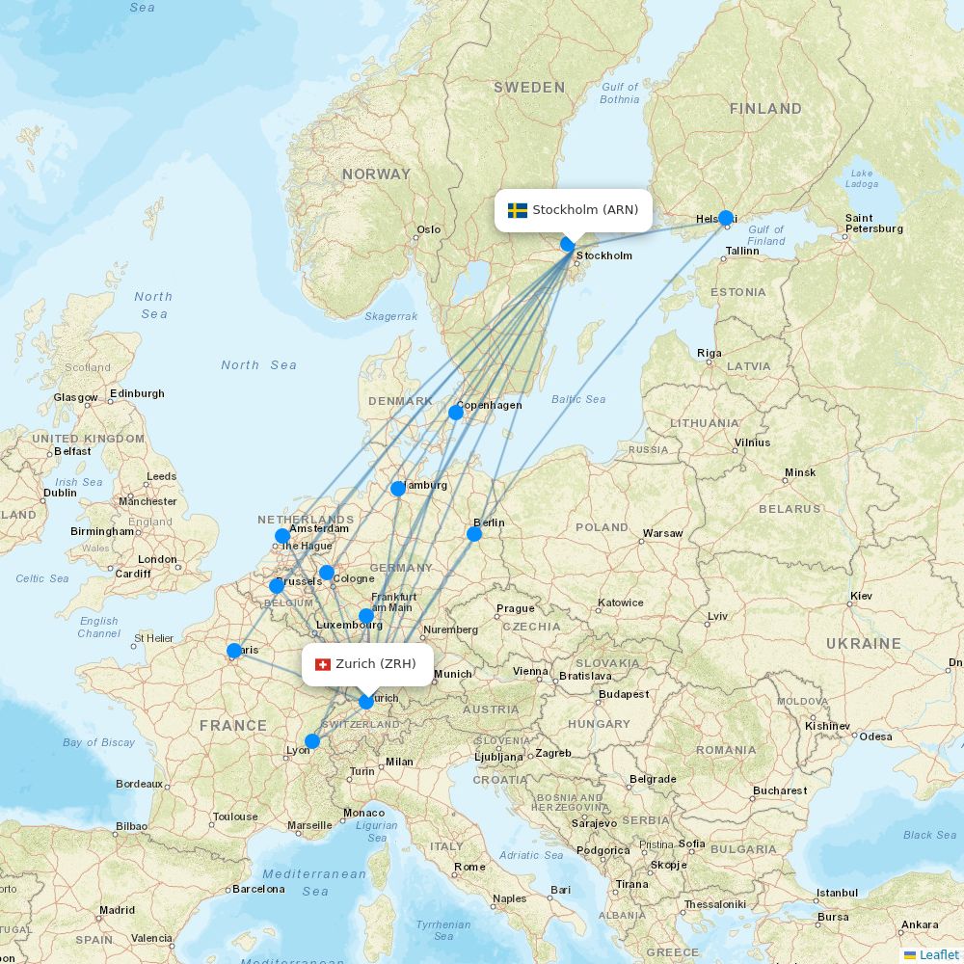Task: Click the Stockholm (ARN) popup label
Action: (x=574, y=210)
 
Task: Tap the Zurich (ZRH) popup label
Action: (x=367, y=664)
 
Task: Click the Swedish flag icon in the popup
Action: (x=518, y=210)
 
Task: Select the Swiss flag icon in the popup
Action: (x=323, y=664)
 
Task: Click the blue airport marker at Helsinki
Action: (x=726, y=218)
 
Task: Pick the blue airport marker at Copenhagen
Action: (x=456, y=413)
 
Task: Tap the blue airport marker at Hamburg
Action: (x=398, y=489)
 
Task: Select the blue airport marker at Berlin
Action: (x=474, y=534)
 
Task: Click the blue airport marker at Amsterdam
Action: (x=282, y=536)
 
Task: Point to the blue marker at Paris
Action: (x=234, y=651)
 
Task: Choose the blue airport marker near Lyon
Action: (x=312, y=741)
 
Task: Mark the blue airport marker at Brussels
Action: (x=277, y=585)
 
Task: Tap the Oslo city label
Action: (x=428, y=229)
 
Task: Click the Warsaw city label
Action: (x=662, y=533)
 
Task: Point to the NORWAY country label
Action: (x=376, y=174)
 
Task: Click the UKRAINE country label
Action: (x=863, y=643)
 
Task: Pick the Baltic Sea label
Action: (x=578, y=399)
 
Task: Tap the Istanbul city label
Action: (x=837, y=893)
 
